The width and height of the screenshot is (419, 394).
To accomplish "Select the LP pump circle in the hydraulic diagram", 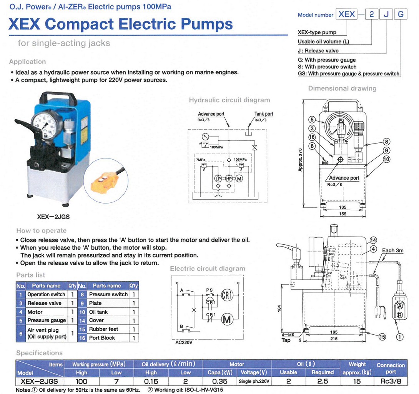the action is [x=218, y=179].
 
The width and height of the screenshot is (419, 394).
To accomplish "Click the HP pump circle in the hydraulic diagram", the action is [x=229, y=179].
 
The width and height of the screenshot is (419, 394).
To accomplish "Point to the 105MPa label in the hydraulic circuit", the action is [x=240, y=160].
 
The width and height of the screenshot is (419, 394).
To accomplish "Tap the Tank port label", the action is [x=264, y=114].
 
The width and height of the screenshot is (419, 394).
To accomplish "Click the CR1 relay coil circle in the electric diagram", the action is [x=227, y=295].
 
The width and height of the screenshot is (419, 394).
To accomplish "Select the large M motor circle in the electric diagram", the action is [x=227, y=319].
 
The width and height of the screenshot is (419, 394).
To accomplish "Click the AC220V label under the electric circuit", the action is [x=184, y=342].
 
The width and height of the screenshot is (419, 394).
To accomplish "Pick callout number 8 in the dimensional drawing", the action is [x=386, y=142].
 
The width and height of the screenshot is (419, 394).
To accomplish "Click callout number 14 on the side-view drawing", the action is [x=373, y=240].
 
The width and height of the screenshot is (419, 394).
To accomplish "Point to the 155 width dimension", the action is [x=343, y=214].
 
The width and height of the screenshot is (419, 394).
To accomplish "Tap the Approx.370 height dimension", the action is [x=300, y=160].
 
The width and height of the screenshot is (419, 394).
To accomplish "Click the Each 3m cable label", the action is [x=392, y=250].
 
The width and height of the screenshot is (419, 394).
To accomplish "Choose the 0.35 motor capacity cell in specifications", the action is [x=219, y=381].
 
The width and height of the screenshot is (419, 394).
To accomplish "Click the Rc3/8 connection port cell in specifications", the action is [x=391, y=381].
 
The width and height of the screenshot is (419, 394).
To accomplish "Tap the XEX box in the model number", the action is [x=347, y=14].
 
